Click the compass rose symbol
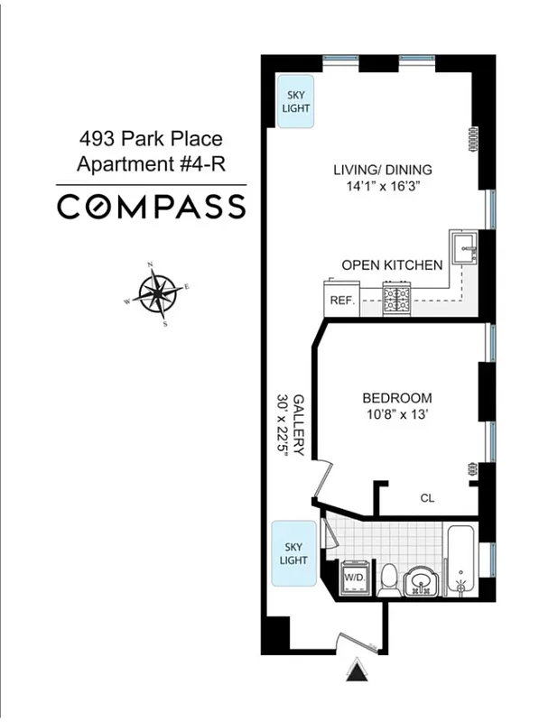[x=157, y=293]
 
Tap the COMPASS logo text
[x=151, y=207]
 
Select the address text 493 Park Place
[x=149, y=140]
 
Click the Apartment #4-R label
[x=149, y=164]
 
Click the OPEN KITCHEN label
[x=392, y=265]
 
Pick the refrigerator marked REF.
[x=341, y=301]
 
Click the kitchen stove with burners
[x=397, y=299]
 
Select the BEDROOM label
[x=396, y=398]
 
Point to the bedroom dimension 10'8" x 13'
[x=396, y=416]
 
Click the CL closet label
[x=427, y=497]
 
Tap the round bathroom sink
[x=420, y=579]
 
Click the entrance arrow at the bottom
[x=358, y=671]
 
